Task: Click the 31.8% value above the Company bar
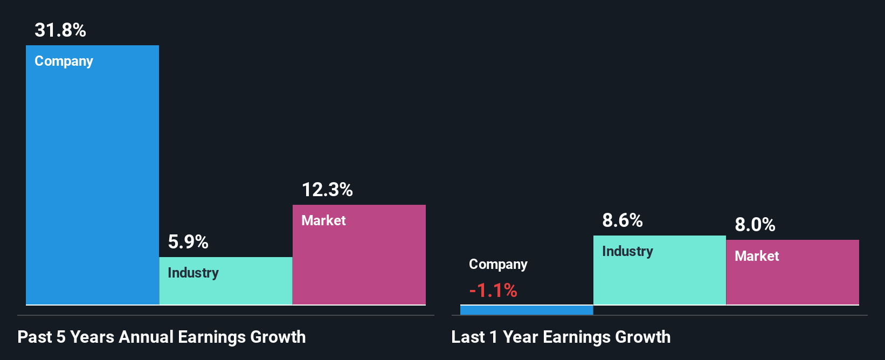tap(60, 30)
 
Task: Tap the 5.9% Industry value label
tap(188, 242)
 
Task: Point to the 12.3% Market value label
tap(327, 190)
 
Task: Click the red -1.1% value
tap(493, 291)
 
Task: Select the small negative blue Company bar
tap(527, 310)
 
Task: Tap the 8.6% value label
tap(623, 220)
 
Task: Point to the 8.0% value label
tap(755, 225)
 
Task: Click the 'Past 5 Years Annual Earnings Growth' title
tap(162, 337)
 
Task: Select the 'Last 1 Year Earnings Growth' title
tap(561, 337)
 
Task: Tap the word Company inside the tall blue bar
tap(64, 61)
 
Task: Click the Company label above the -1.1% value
tap(498, 265)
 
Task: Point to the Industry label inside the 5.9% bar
tap(193, 273)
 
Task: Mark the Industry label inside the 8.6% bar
tap(627, 252)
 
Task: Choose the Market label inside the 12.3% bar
tap(323, 220)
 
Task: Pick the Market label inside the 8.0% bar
tap(757, 256)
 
